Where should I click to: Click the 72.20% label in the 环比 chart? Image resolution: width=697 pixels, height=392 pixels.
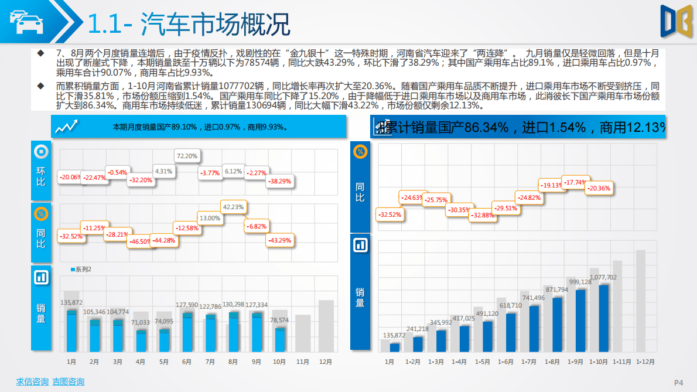click(x=187, y=156)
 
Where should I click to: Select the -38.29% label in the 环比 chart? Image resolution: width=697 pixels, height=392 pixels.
click(x=279, y=181)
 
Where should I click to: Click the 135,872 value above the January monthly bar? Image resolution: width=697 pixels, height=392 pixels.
click(x=71, y=302)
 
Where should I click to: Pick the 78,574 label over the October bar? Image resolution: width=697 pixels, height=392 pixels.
click(x=279, y=320)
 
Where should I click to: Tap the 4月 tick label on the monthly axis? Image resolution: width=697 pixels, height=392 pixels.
click(x=141, y=362)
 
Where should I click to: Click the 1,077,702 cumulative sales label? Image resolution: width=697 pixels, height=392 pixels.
click(x=603, y=277)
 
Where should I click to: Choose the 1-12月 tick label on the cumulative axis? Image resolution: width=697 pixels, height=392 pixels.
click(x=645, y=362)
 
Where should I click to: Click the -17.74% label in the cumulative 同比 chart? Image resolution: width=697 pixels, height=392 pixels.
click(x=575, y=182)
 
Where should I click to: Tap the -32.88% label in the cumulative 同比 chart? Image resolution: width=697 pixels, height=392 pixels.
click(x=482, y=215)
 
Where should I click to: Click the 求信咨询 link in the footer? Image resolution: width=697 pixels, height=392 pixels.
click(x=32, y=382)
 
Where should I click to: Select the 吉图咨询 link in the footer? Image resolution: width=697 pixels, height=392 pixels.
click(x=68, y=382)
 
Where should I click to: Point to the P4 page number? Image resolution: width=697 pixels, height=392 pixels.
click(x=679, y=383)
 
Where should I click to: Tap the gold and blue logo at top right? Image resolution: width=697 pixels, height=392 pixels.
click(x=672, y=22)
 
